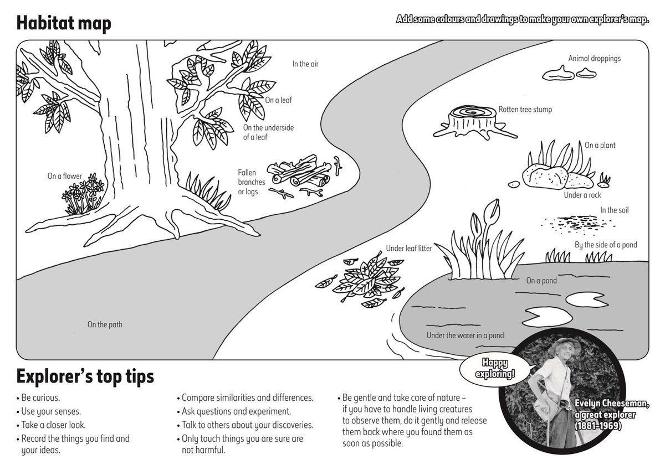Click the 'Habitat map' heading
[64, 23]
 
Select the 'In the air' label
[305, 64]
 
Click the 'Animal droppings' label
[594, 58]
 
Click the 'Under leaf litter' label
[409, 249]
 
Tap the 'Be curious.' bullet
[40, 397]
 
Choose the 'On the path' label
[105, 324]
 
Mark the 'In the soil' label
[614, 210]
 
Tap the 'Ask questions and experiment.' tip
[236, 411]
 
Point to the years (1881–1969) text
[598, 426]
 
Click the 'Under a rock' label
[582, 195]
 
